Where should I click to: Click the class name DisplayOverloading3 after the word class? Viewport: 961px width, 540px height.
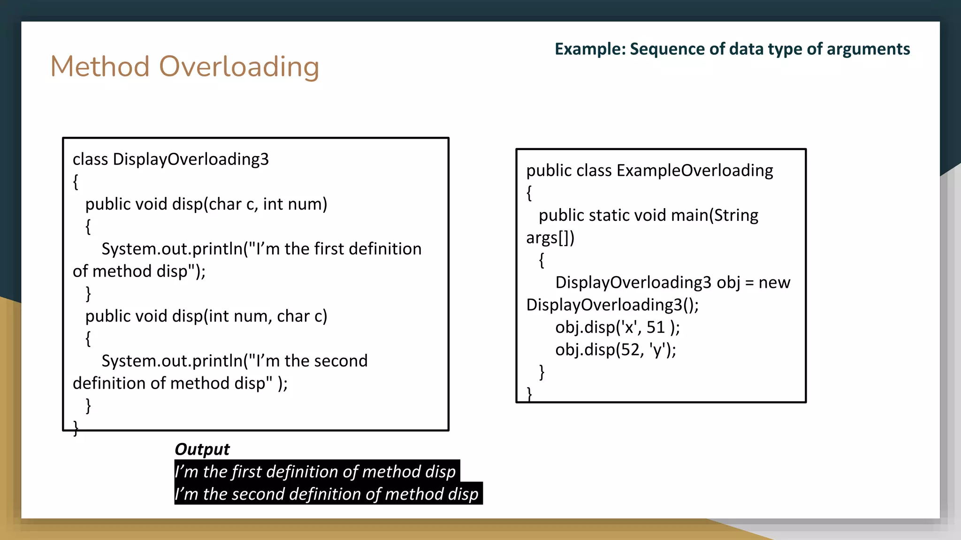tap(191, 159)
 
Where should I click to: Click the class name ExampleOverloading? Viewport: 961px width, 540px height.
tap(694, 171)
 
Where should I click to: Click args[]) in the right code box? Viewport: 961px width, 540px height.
tap(550, 238)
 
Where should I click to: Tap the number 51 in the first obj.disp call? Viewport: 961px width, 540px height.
tap(656, 327)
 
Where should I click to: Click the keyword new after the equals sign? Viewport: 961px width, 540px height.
tap(774, 283)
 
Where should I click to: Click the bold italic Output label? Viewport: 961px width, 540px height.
tap(202, 449)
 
